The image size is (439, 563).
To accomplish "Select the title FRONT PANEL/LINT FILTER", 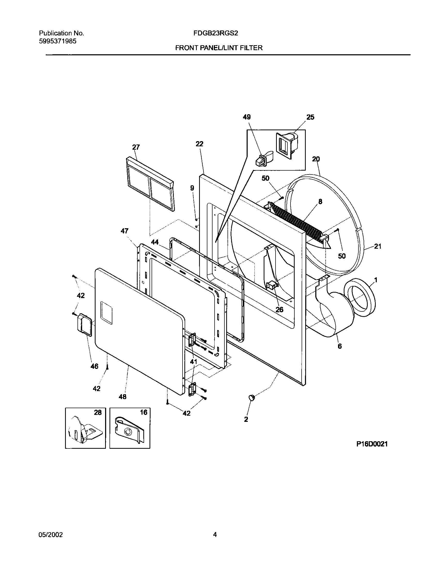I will pos(219,48).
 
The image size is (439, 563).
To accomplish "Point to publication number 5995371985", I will pos(58,41).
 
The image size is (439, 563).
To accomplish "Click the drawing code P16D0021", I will pos(372,444).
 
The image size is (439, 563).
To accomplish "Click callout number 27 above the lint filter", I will pos(136,147).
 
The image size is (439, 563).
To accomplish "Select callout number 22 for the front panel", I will pos(199,144).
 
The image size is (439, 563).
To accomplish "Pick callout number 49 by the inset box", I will pos(247,117).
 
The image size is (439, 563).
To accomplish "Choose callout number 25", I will pos(310,117).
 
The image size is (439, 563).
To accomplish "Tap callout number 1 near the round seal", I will pos(375,280).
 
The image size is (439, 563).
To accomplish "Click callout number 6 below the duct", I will pos(340,346).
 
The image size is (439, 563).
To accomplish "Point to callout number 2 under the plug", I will pos(246,419).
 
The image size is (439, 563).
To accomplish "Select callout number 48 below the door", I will pos(122,397).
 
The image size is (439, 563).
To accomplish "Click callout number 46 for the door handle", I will pos(95,366).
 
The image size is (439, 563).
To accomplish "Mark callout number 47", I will pos(124,231).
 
